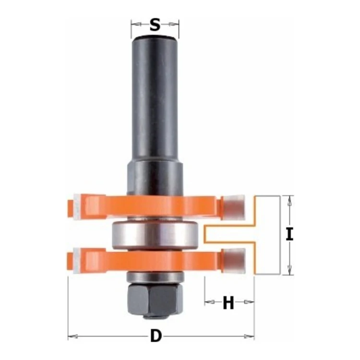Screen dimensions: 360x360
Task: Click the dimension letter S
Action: tap(155, 25)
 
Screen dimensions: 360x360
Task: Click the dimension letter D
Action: tap(156, 336)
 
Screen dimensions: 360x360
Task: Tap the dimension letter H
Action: tap(228, 302)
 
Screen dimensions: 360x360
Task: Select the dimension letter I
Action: tap(289, 234)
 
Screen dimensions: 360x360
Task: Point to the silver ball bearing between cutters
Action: tap(155, 236)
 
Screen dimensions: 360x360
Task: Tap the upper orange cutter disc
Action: tap(147, 205)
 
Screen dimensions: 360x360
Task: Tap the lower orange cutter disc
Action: tap(147, 261)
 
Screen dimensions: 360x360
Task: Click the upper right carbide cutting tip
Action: tap(234, 206)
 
